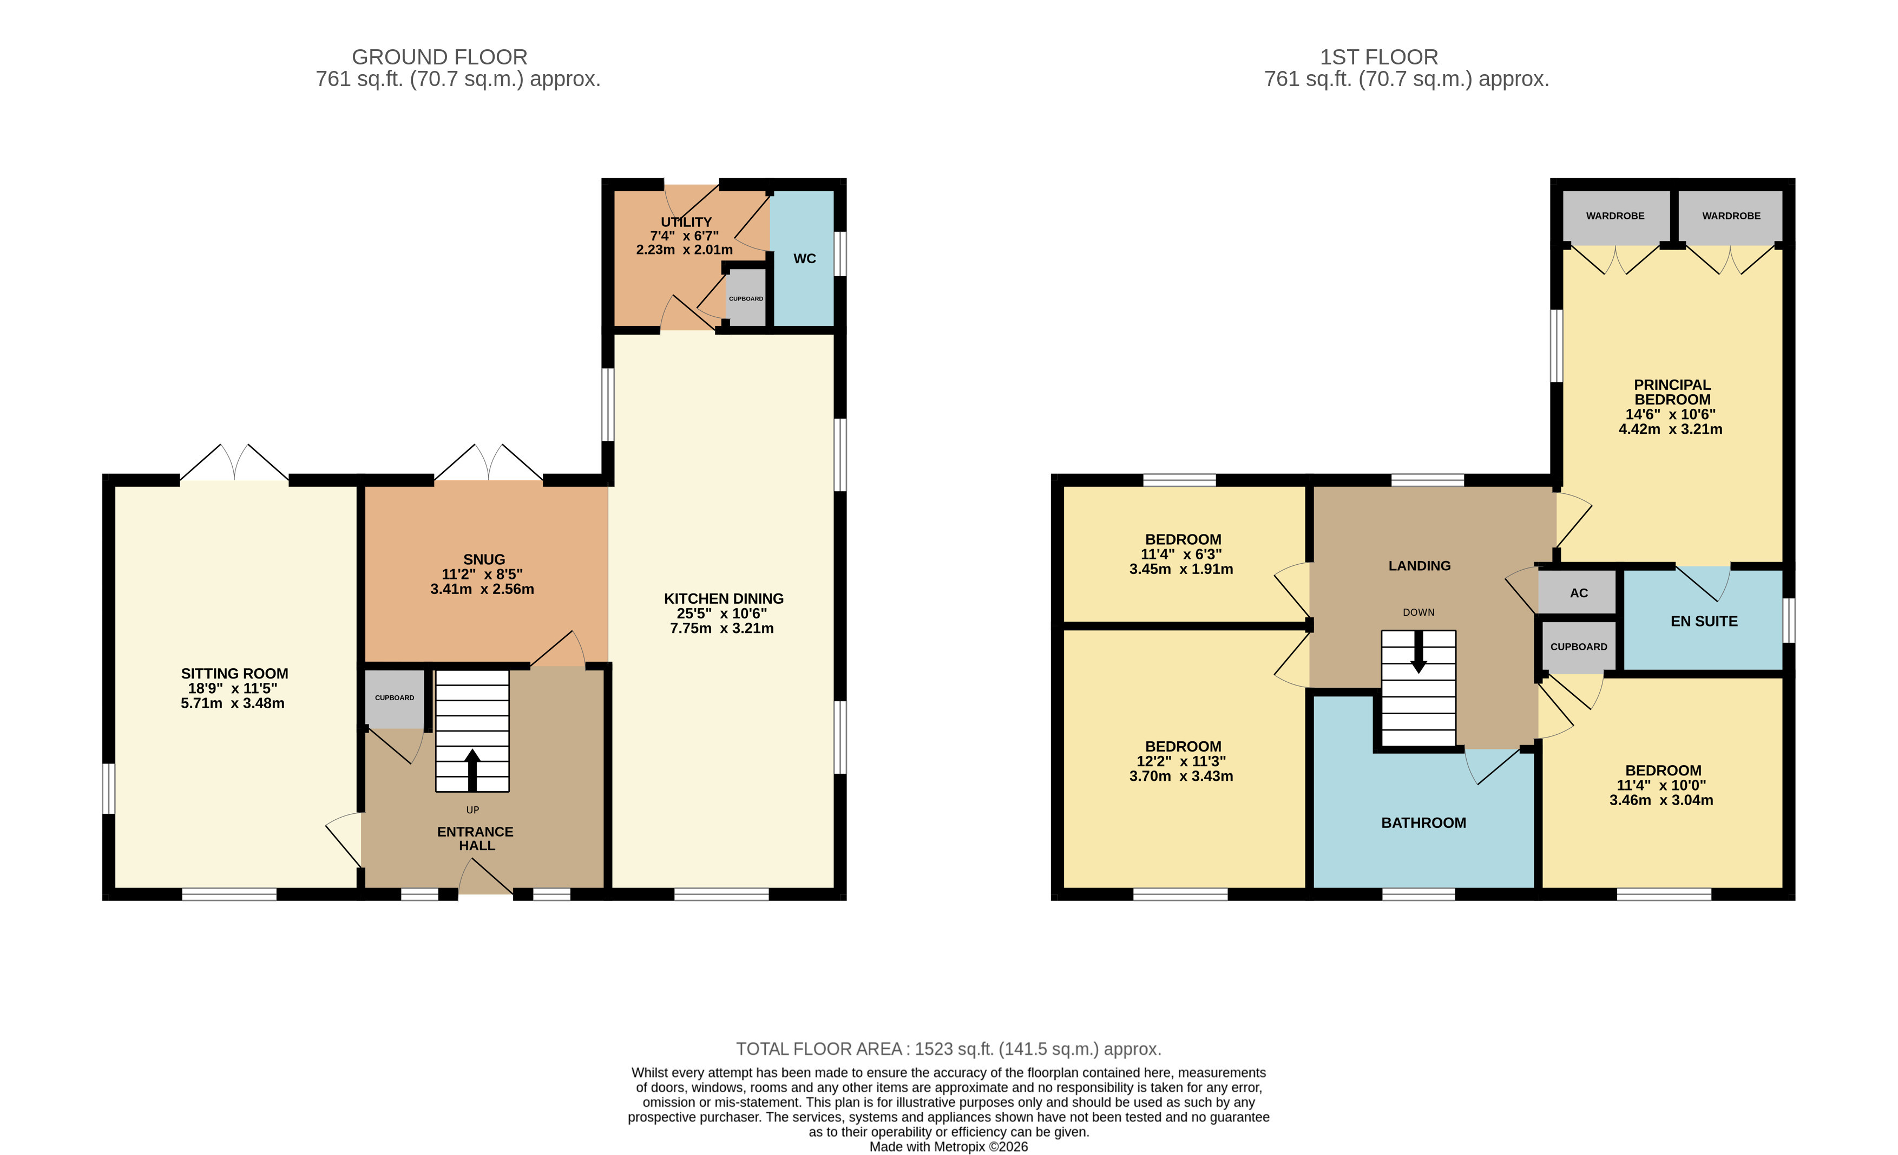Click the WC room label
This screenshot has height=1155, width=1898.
pyautogui.click(x=804, y=259)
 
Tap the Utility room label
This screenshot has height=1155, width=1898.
pyautogui.click(x=686, y=222)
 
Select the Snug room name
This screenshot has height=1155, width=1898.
pyautogui.click(x=484, y=559)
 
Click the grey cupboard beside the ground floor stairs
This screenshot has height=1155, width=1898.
pyautogui.click(x=395, y=698)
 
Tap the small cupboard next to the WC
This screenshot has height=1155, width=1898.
pyautogui.click(x=746, y=298)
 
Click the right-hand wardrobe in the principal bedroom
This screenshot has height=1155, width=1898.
pyautogui.click(x=1731, y=216)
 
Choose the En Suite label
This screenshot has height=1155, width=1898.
pyautogui.click(x=1704, y=621)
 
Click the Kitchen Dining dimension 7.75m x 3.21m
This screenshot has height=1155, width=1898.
pyautogui.click(x=722, y=628)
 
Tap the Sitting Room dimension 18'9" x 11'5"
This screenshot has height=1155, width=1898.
pyautogui.click(x=233, y=688)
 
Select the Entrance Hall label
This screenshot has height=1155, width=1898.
pyautogui.click(x=475, y=838)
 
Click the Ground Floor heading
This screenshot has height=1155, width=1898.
pyautogui.click(x=439, y=57)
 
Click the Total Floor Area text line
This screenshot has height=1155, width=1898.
pyautogui.click(x=948, y=1049)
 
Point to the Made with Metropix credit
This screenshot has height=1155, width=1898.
pyautogui.click(x=948, y=1146)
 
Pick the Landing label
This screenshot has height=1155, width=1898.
pyautogui.click(x=1419, y=565)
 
